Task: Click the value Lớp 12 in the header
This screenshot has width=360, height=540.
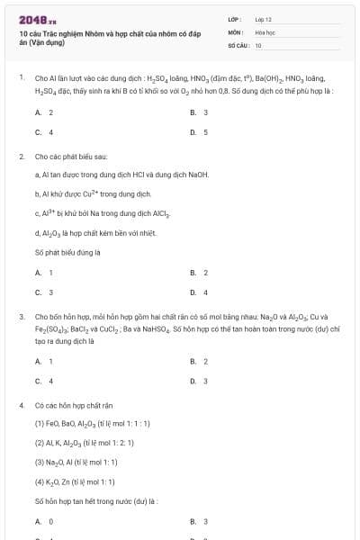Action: click(x=263, y=18)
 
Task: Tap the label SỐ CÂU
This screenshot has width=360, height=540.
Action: click(x=238, y=45)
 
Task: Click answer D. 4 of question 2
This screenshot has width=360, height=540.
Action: click(x=200, y=292)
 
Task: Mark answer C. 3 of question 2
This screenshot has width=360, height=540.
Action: click(x=44, y=292)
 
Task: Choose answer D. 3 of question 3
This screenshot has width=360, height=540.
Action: click(x=200, y=381)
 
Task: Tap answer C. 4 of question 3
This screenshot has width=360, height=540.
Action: click(x=44, y=381)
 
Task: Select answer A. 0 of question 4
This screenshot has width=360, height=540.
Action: click(x=44, y=521)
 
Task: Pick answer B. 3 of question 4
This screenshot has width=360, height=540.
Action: click(x=200, y=521)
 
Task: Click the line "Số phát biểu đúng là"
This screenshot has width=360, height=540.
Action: click(x=67, y=252)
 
